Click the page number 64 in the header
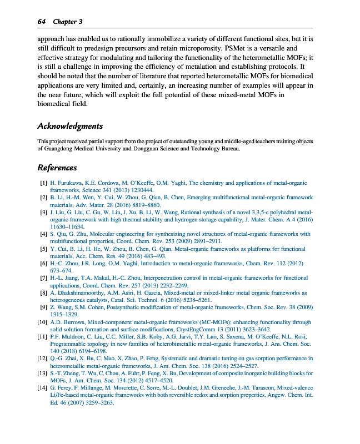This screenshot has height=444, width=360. pos(41,21)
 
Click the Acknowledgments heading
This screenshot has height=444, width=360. pos(69,126)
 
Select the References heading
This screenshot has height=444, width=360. pos(57,168)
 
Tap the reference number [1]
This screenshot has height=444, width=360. pos(43,183)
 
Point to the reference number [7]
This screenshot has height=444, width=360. pos(43,277)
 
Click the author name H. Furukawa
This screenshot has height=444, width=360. pos(67,183)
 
